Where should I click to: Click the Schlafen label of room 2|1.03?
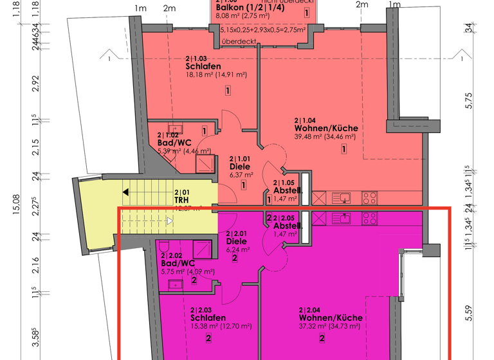[x=203, y=66]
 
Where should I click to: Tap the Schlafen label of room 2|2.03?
[x=208, y=318]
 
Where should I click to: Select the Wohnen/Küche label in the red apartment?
[x=325, y=128]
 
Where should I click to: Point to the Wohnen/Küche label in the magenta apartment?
[x=331, y=318]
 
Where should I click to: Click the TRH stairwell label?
[x=181, y=200]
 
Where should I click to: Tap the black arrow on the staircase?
[x=127, y=192]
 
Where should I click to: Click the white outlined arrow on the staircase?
[x=170, y=221]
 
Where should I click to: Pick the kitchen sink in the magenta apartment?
[x=341, y=219]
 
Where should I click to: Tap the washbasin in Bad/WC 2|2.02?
[x=175, y=283]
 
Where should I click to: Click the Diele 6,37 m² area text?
[x=241, y=174]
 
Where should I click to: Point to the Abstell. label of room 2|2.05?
[x=288, y=226]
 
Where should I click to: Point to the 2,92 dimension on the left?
[x=36, y=84]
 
